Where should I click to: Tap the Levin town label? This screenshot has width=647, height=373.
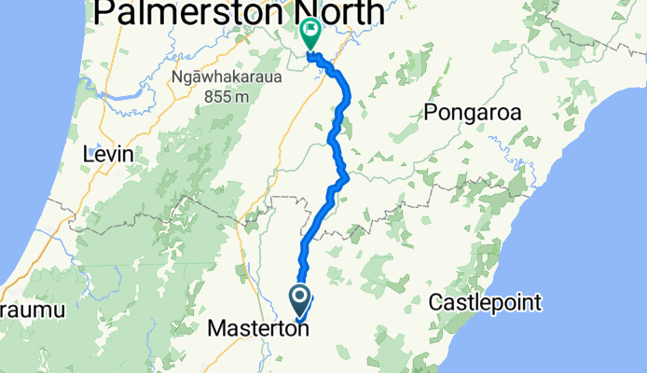click(x=108, y=154)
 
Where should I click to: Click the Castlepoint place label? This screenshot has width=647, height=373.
click(x=485, y=302)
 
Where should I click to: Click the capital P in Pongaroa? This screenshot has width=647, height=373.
click(x=430, y=113)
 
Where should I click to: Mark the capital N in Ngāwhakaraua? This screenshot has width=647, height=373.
click(x=178, y=78)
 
